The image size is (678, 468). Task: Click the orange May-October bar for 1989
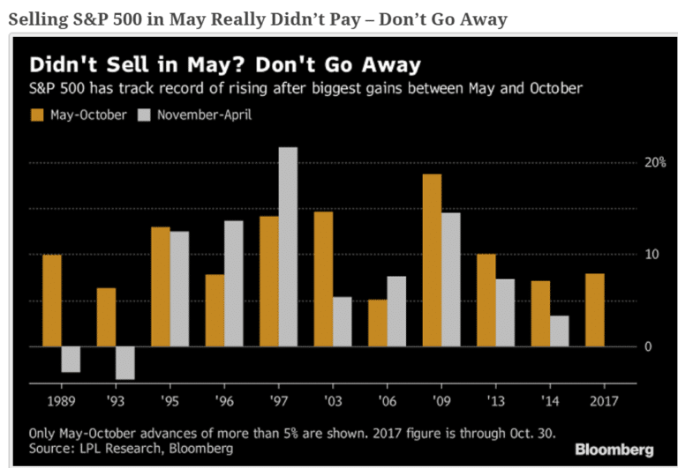point(52,301)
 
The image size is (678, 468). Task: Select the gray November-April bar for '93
point(125,362)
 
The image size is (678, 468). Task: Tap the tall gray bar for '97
point(288,247)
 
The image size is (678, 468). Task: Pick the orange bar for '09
point(432,260)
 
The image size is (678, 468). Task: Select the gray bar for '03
point(342,321)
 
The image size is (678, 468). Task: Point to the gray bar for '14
point(559,331)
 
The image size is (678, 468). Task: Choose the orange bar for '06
point(377,323)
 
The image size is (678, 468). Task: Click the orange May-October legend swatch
point(37,115)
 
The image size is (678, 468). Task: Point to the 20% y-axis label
point(652,164)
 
